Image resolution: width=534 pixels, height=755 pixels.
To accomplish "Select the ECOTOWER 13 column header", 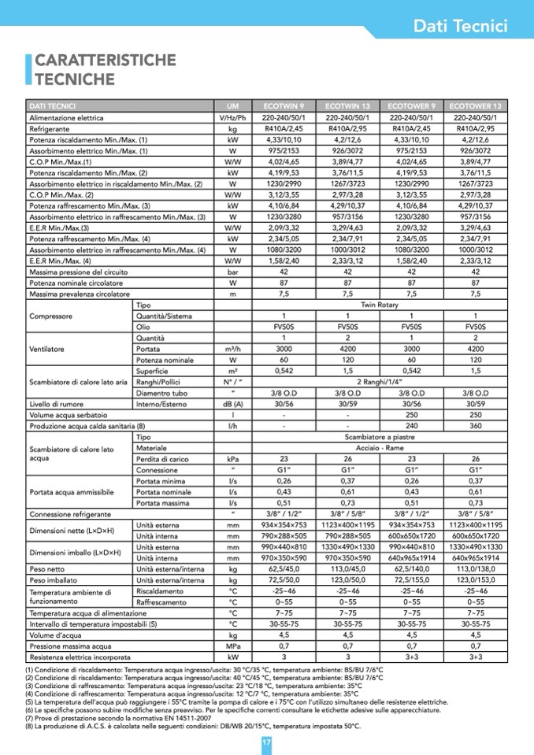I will point(475,105).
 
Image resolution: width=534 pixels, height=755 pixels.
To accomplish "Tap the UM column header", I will point(232,105).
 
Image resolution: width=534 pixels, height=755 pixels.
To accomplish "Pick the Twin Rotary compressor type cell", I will point(379,304).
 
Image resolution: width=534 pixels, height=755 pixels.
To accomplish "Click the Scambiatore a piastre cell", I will point(379,436).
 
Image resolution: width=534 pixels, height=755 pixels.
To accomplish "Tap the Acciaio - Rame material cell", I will point(379,447).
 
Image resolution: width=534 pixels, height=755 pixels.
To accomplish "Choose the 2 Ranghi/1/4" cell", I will point(379,381).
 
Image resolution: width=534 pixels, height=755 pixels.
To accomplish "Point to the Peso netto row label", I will point(47,568).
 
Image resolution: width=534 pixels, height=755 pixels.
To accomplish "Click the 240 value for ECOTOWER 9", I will point(411,425).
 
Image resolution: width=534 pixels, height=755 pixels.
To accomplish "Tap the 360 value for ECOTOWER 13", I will point(475,425).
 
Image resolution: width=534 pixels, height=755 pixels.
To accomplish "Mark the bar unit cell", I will point(232,271).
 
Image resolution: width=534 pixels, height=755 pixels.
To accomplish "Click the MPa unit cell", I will point(232,646).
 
